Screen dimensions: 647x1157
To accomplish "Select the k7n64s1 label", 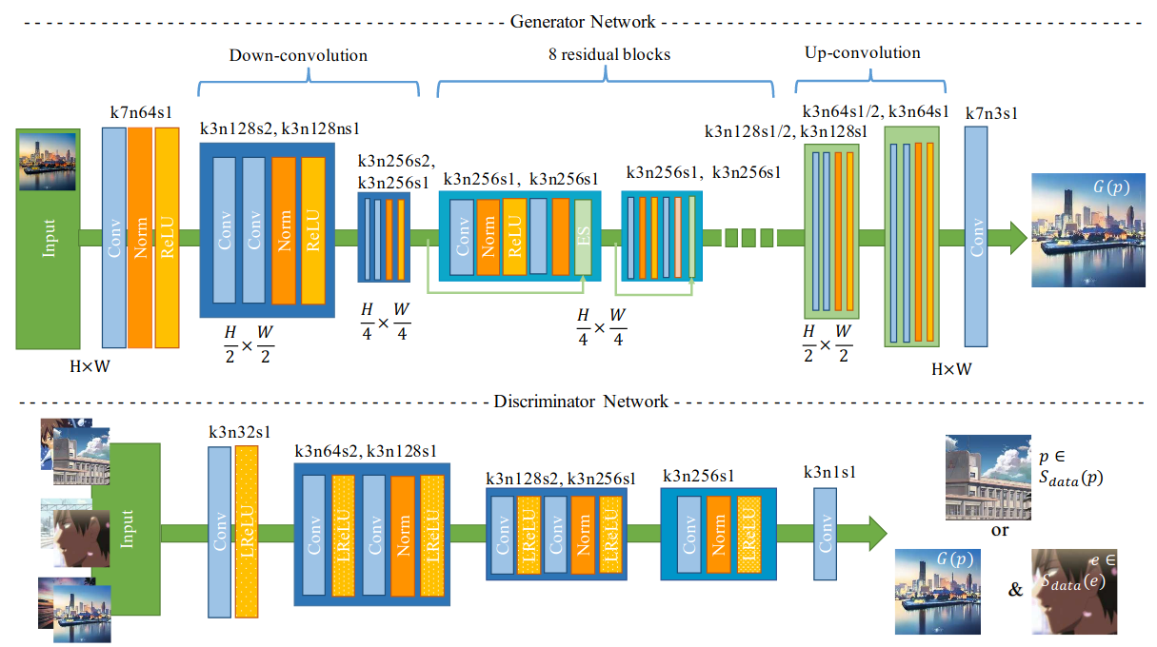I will coord(141,114).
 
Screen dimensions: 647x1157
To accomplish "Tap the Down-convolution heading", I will coord(298,55).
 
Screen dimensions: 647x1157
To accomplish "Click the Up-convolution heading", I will coord(863,52).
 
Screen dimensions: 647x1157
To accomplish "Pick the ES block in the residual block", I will coord(584,235).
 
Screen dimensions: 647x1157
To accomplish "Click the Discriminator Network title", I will coord(581,402).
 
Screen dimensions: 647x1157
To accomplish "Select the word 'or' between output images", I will coord(1000,530).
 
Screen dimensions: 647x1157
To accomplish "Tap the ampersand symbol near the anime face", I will coord(1015,591).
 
